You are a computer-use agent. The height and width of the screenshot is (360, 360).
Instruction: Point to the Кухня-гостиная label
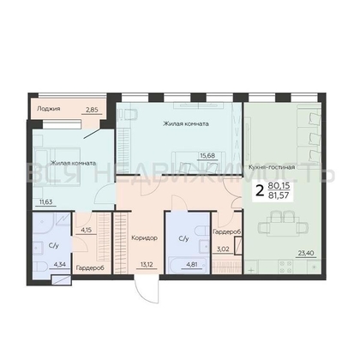click(272, 167)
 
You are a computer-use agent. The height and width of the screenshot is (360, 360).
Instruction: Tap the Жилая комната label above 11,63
click(71, 162)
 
